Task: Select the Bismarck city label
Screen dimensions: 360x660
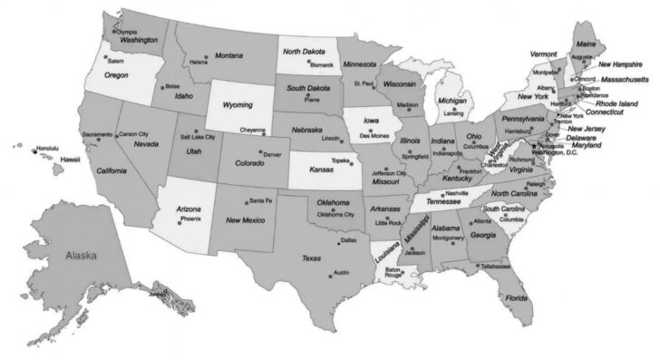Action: click(x=322, y=66)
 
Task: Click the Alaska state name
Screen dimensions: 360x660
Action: click(x=82, y=256)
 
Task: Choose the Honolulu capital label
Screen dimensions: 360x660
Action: click(x=47, y=148)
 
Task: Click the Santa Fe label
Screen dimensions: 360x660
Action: click(x=260, y=200)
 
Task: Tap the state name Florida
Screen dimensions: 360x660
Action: click(x=517, y=297)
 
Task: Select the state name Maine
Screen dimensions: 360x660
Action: click(x=587, y=44)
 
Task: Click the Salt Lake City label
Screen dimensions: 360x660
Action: click(x=198, y=137)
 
